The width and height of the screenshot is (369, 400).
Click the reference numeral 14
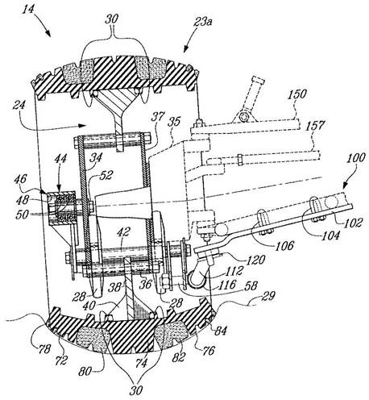28,10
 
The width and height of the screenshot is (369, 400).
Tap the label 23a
202,22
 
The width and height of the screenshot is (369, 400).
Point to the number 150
297,94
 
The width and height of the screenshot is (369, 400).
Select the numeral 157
316,126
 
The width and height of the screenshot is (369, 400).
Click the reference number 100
356,158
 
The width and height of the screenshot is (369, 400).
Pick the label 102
354,223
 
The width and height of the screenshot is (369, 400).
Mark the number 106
285,245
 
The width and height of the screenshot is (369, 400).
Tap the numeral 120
255,260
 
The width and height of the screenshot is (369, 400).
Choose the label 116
227,284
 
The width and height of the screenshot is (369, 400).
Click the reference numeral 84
220,331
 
